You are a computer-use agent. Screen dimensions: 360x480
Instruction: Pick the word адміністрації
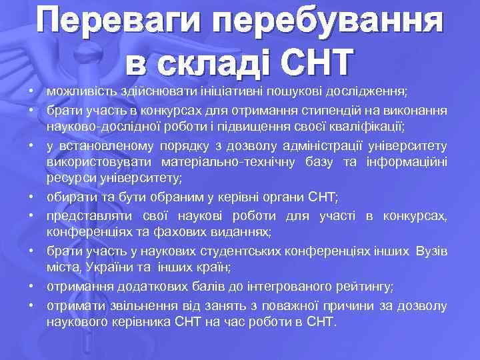(320, 145)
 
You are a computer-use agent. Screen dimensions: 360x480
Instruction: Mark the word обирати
(69, 198)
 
